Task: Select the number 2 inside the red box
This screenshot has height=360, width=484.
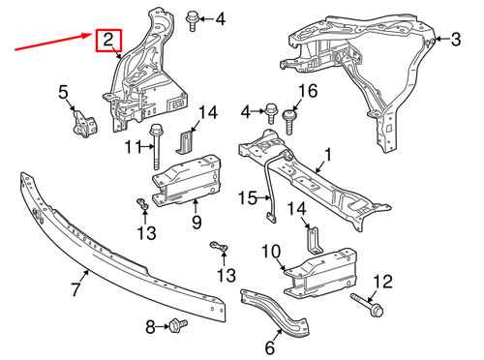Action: pyautogui.click(x=108, y=41)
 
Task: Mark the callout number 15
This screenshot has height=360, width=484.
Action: pyautogui.click(x=248, y=198)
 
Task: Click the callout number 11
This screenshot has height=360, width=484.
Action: pyautogui.click(x=133, y=147)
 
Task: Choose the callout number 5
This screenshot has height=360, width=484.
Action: pyautogui.click(x=64, y=93)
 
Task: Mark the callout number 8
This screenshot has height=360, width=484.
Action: pyautogui.click(x=150, y=328)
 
